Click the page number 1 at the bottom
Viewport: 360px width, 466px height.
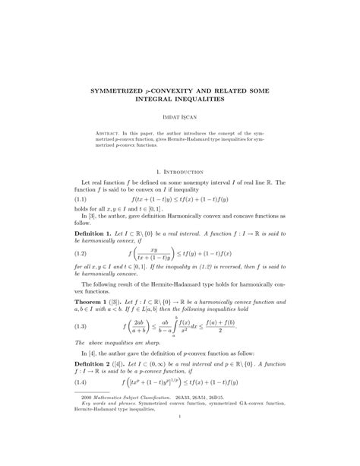coord(180,460)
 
